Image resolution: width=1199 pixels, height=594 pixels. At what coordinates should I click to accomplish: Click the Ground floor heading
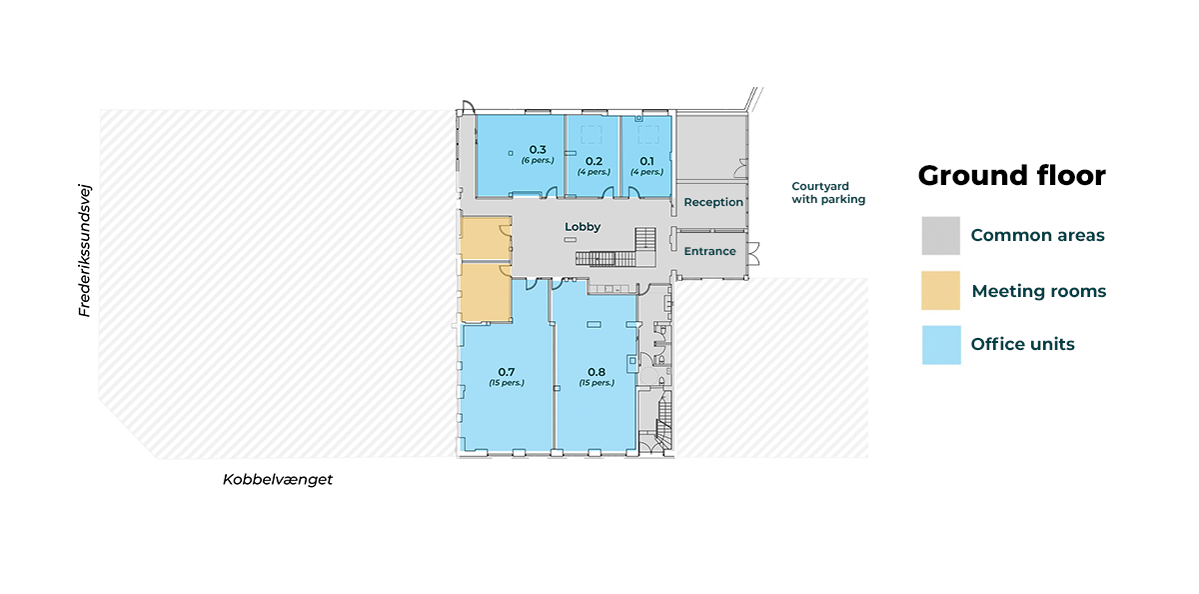point(1011,176)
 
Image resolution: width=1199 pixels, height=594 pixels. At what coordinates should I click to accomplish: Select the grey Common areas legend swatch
point(940,236)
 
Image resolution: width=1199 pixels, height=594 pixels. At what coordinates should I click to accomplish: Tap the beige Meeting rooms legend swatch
point(940,291)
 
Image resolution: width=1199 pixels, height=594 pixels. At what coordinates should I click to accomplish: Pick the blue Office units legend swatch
point(941,345)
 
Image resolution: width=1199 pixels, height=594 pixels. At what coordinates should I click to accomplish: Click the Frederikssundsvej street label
point(85,251)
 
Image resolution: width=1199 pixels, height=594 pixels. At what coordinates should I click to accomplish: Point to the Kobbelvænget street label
point(278,479)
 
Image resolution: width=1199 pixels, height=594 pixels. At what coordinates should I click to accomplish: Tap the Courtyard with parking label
point(828,193)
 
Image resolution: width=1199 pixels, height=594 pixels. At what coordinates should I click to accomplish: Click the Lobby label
point(583,227)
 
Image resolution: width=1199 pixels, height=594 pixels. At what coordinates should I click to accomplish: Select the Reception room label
point(713,202)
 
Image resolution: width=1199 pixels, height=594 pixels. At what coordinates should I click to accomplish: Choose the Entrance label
point(709,251)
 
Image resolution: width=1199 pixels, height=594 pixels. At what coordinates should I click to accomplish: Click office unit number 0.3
point(538,149)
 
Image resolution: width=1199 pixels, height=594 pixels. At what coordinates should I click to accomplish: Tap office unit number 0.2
point(594,161)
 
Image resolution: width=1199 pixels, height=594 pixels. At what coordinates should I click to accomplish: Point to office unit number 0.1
point(646,161)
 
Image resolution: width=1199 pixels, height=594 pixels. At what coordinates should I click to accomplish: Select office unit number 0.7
point(507,372)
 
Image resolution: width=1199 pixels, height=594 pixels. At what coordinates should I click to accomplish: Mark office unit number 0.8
point(597,372)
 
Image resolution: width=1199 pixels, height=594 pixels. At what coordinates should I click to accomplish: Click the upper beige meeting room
point(486,238)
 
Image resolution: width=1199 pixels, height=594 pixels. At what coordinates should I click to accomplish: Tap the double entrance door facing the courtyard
point(753,254)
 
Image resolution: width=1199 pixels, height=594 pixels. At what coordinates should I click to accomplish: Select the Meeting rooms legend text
point(1038,291)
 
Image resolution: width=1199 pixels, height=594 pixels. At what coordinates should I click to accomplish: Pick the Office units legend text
point(1022,344)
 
